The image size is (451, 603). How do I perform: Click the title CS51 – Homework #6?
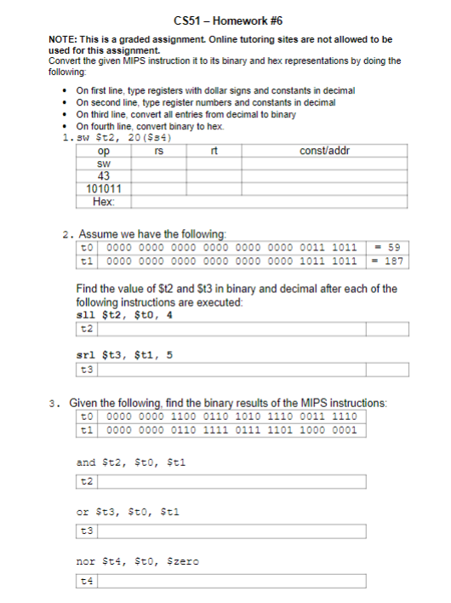[225, 20]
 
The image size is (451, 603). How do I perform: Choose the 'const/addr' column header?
[324, 151]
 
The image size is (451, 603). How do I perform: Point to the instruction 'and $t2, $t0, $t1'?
[130, 463]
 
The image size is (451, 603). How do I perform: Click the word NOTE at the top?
[62, 39]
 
